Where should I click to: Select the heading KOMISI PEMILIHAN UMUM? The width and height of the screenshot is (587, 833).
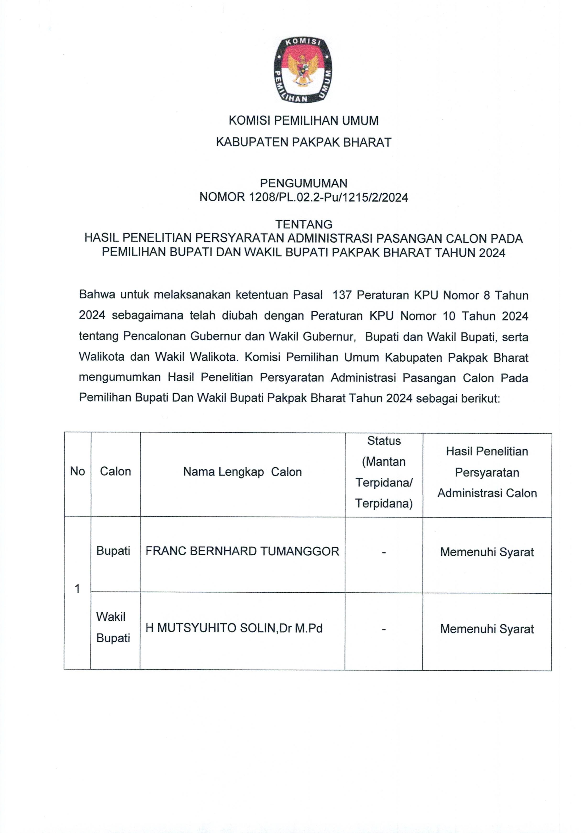303,121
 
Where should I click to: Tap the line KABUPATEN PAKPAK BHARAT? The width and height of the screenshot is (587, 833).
303,142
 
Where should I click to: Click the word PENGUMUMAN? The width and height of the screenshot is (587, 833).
303,183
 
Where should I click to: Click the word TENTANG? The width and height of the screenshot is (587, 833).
303,224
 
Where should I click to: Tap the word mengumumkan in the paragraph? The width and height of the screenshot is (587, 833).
120,377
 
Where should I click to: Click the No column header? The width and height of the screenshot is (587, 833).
77,471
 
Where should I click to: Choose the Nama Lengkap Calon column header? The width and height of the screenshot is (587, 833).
242,472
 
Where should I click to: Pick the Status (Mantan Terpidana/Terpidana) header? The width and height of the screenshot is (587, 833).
384,472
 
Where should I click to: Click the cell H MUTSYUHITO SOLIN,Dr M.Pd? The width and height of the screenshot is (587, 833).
234,628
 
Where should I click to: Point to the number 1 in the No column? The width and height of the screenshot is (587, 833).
77,589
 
